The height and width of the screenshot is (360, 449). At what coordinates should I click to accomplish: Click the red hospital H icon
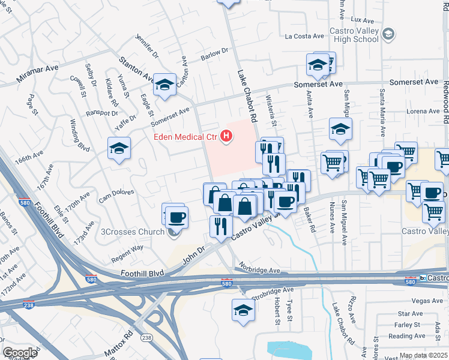pos(226,137)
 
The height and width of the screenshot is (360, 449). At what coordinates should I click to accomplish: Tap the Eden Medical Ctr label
pos(184,137)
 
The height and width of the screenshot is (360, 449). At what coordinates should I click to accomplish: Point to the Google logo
pos(20,353)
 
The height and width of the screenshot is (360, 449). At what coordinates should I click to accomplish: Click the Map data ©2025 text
pos(423,355)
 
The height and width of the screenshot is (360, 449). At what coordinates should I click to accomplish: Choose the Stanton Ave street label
pos(137,69)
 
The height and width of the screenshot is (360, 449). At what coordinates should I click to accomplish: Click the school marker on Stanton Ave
pos(164,85)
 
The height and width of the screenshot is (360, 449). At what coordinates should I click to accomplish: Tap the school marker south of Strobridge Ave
pos(243,310)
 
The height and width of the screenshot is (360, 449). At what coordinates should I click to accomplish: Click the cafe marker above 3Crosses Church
pos(176,217)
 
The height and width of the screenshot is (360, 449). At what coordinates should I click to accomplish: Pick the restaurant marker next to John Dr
pos(221,226)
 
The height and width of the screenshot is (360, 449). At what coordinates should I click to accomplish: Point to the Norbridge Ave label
pos(258,271)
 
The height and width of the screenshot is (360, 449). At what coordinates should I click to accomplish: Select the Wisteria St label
pos(271,114)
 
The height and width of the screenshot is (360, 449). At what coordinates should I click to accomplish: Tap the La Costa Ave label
pos(304,36)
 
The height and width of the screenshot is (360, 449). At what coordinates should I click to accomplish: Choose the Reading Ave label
pos(406,336)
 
